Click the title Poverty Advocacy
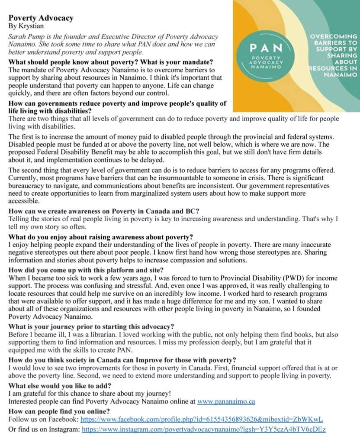[41, 18]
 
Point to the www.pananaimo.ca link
[226, 401]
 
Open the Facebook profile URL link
[202, 420]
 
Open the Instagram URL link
[203, 429]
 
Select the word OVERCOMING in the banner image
[334, 37]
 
